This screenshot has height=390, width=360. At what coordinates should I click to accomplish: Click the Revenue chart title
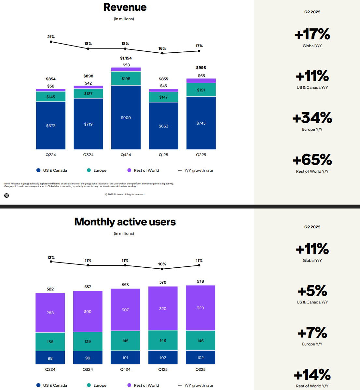(x=125, y=7)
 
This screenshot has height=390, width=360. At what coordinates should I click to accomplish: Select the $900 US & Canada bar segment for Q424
(x=126, y=117)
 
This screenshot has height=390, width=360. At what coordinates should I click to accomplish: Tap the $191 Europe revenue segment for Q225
(x=201, y=90)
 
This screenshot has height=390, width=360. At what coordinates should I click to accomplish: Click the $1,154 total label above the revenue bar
(x=126, y=58)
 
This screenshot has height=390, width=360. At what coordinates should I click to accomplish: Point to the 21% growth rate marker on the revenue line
(x=51, y=42)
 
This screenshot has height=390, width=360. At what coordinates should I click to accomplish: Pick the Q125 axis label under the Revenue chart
(x=163, y=155)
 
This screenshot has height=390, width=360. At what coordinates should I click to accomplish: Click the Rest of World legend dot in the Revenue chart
(x=129, y=170)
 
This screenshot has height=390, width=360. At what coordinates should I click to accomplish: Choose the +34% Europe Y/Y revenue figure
(x=312, y=118)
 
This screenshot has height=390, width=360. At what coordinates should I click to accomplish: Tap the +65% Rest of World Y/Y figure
(x=312, y=160)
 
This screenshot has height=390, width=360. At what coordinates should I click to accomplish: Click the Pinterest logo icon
(x=7, y=195)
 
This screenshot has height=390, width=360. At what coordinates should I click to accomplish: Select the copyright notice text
(x=125, y=195)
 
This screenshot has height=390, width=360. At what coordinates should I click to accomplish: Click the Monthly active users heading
(x=125, y=222)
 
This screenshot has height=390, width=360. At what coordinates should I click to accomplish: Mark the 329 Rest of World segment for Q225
(x=201, y=308)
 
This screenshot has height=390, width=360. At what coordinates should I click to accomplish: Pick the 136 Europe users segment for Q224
(x=50, y=342)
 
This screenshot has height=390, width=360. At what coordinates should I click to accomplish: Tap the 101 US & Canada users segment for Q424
(x=125, y=357)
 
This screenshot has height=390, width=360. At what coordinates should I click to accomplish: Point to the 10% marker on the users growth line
(x=162, y=269)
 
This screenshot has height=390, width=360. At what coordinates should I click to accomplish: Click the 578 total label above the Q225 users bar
(x=201, y=281)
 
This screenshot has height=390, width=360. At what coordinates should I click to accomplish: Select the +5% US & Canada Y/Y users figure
(x=312, y=291)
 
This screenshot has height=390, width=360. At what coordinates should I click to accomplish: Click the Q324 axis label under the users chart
(x=88, y=370)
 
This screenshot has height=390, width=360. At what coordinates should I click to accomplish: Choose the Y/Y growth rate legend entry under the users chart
(x=196, y=385)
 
